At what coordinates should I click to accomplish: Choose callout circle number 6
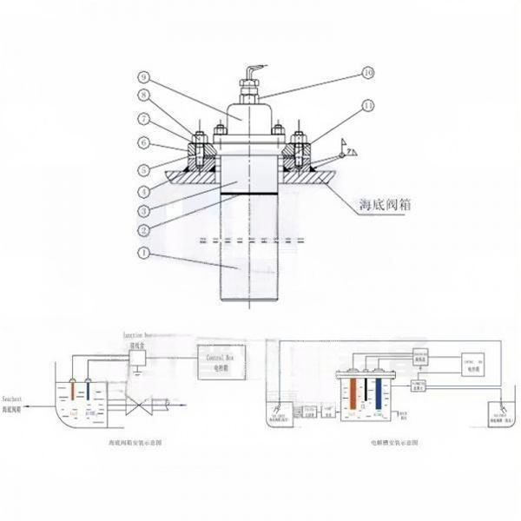tap(143, 142)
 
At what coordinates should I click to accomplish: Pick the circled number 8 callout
tap(143, 97)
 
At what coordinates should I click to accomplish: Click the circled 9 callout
tap(143, 76)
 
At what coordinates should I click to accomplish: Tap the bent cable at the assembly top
tap(252, 69)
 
